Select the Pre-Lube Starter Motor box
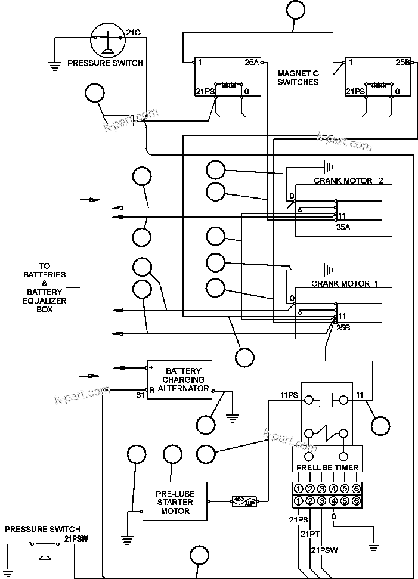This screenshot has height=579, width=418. click(x=175, y=501)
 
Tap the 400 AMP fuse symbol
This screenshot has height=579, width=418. click(x=244, y=501)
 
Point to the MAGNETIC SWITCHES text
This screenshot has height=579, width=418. click(x=298, y=78)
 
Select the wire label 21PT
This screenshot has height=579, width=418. click(x=311, y=534)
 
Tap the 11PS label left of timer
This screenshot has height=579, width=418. click(x=289, y=395)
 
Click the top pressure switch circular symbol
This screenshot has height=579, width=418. click(x=106, y=38)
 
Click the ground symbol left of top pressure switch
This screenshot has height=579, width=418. click(x=55, y=66)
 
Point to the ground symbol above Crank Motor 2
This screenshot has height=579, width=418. click(x=327, y=166)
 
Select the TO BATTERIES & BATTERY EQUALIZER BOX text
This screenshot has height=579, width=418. click(x=45, y=288)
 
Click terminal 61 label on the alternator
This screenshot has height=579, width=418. click(x=140, y=395)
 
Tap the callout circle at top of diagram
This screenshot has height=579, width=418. click(x=294, y=10)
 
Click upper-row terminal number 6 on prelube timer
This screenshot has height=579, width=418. click(x=356, y=488)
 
